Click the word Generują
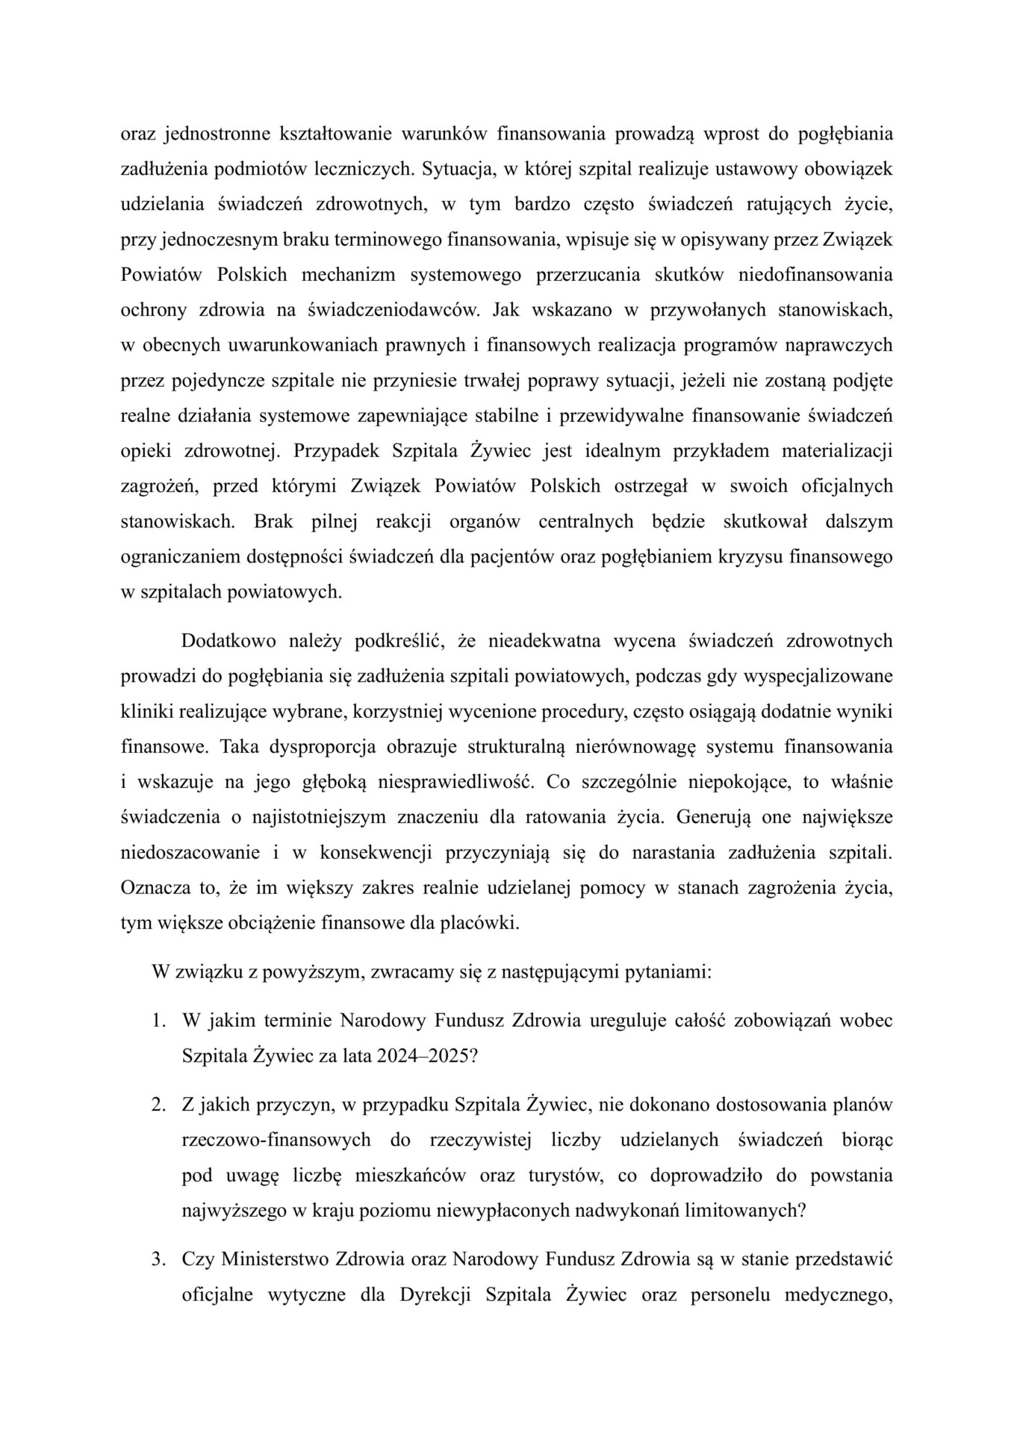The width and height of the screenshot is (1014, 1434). coord(714,817)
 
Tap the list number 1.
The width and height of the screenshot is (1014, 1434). coord(158,1020)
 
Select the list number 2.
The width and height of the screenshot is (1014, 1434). coord(158,1105)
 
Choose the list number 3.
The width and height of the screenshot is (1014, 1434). coord(158,1259)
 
